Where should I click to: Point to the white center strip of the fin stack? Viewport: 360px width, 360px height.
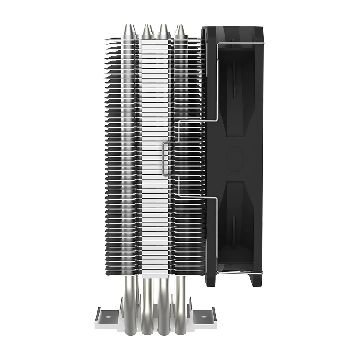click(x=156, y=150)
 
